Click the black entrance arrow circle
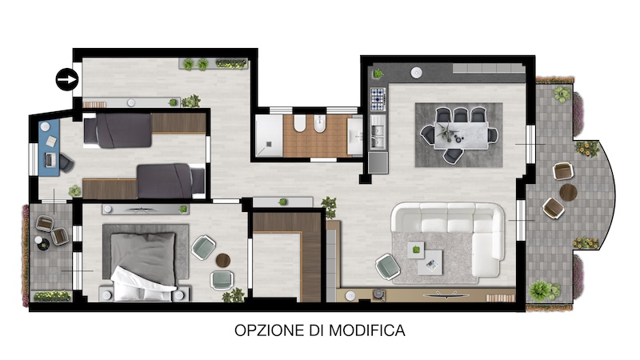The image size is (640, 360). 67,79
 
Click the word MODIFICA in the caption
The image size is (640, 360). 367,330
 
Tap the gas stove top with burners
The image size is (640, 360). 378,99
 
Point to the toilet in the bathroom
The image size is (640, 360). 299,123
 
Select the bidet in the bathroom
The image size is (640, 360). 319,124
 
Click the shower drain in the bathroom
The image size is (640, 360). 269,143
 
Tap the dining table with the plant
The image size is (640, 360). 462,135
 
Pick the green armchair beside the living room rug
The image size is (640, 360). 388,266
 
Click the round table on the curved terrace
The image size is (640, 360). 568,192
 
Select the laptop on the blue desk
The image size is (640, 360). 49,159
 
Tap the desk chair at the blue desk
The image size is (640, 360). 66,162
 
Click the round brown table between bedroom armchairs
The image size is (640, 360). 223,261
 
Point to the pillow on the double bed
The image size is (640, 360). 143,252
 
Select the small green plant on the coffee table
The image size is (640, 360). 416,249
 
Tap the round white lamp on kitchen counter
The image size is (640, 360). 416,73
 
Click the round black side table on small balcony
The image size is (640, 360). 43,244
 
